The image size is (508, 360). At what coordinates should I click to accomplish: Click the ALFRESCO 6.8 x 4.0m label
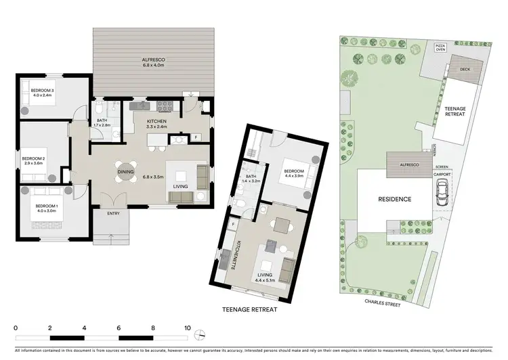154,61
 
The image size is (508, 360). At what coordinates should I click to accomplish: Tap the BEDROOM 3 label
36,90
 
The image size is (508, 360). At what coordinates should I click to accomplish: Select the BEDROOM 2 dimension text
33,164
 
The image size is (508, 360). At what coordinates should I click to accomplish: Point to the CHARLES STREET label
383,304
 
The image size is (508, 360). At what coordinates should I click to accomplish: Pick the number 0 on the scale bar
15,327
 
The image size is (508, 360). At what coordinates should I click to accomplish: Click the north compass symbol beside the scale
200,335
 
